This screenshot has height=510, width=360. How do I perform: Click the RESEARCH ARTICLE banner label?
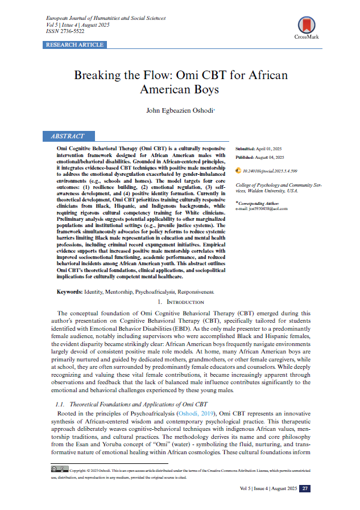coord(75,44)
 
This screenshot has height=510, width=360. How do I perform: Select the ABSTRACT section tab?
coord(68,137)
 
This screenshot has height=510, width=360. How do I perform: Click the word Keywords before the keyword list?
coord(69,291)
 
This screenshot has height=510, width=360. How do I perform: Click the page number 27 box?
coord(305,488)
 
